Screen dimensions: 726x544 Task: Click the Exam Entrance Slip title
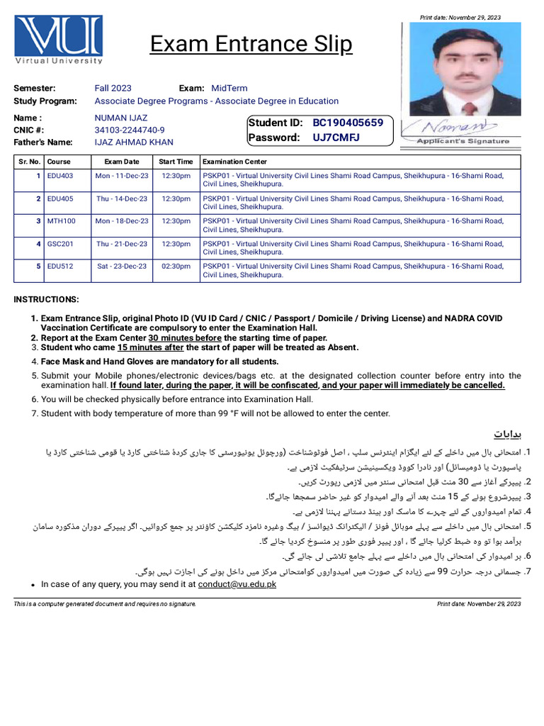pos(251,45)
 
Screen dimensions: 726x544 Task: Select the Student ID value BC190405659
pos(348,123)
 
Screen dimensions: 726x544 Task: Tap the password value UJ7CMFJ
pos(337,138)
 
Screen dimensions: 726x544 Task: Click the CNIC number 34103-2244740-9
pos(130,130)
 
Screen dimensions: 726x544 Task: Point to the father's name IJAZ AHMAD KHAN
pos(134,143)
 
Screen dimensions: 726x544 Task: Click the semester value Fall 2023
pos(113,88)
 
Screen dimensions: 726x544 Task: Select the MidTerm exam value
pos(229,88)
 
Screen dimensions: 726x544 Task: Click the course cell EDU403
pos(59,175)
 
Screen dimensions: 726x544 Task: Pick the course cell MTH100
pos(60,221)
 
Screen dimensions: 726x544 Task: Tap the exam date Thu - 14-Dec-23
pos(122,199)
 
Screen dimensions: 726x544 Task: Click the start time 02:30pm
pos(176,267)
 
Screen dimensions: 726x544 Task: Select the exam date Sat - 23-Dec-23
pos(122,267)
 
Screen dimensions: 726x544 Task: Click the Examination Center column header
pos(234,162)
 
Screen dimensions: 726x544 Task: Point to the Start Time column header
pos(176,162)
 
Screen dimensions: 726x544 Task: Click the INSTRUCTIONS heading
pos(47,300)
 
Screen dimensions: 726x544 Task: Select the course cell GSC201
pos(60,244)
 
